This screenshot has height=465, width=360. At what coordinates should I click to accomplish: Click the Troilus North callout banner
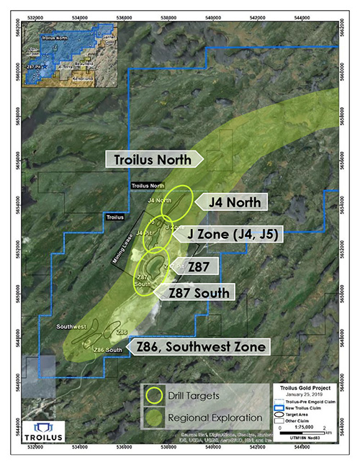[154, 160]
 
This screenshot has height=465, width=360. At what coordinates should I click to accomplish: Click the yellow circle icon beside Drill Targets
[154, 394]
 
